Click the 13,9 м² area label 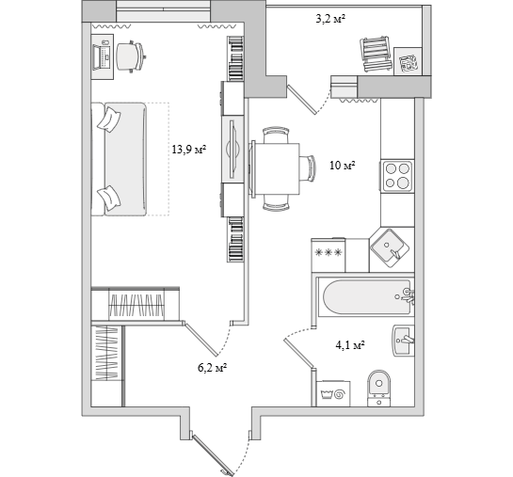(189, 150)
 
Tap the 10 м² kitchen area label (343, 165)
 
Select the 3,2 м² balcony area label (330, 19)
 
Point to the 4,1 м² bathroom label (350, 344)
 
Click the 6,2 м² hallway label (213, 368)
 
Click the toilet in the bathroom (378, 388)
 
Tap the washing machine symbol (333, 394)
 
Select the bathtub (365, 297)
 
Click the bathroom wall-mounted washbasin (404, 341)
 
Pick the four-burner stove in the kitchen (397, 177)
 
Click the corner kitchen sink (390, 247)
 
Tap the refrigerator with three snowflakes (329, 255)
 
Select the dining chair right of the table (308, 168)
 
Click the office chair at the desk (130, 56)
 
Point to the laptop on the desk (102, 57)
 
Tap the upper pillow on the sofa (109, 120)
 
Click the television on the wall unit (233, 149)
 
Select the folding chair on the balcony (376, 54)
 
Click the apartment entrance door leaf (213, 455)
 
